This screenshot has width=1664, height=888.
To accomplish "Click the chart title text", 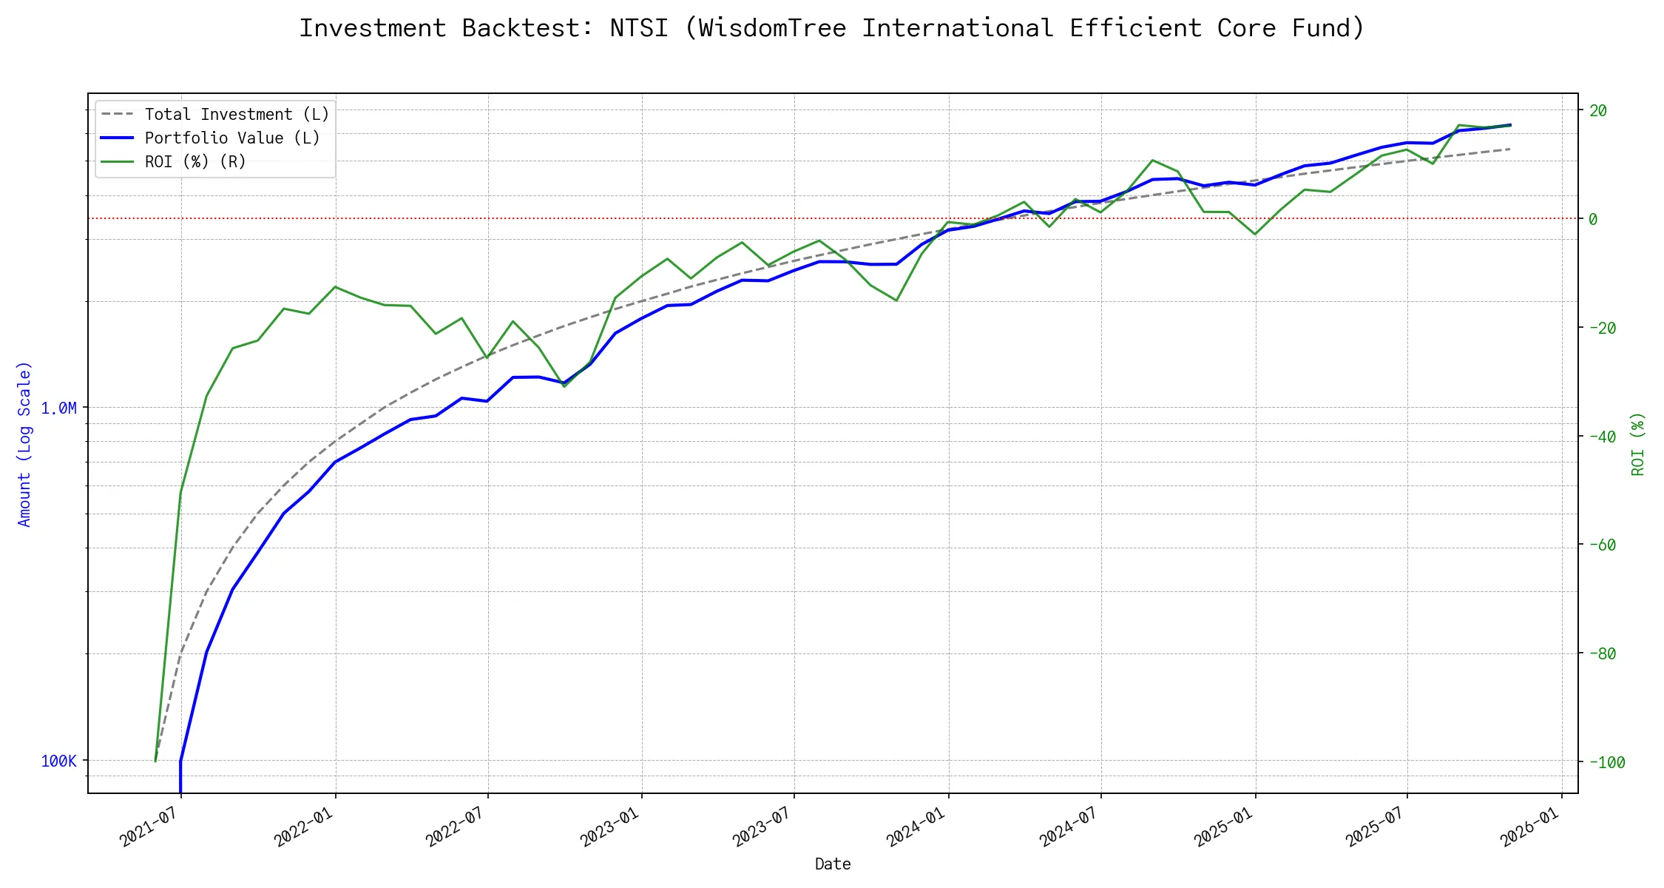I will pyautogui.click(x=831, y=28).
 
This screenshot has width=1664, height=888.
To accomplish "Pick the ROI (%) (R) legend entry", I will pyautogui.click(x=195, y=162).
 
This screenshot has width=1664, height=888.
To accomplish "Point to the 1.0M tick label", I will pyautogui.click(x=58, y=408).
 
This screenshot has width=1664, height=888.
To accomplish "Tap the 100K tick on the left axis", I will pyautogui.click(x=58, y=761).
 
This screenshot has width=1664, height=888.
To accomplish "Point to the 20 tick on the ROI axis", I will pyautogui.click(x=1598, y=111).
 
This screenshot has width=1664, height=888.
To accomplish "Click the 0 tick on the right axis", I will pyautogui.click(x=1593, y=219).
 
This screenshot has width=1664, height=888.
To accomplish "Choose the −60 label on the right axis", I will pyautogui.click(x=1603, y=545).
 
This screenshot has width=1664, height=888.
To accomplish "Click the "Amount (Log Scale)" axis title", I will pyautogui.click(x=25, y=444).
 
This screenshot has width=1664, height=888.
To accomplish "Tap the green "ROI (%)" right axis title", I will pyautogui.click(x=1638, y=444).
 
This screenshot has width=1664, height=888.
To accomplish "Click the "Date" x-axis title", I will pyautogui.click(x=833, y=864).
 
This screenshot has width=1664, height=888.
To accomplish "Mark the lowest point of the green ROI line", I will pyautogui.click(x=155, y=761).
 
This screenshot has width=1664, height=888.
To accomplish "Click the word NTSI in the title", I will pyautogui.click(x=639, y=28).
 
